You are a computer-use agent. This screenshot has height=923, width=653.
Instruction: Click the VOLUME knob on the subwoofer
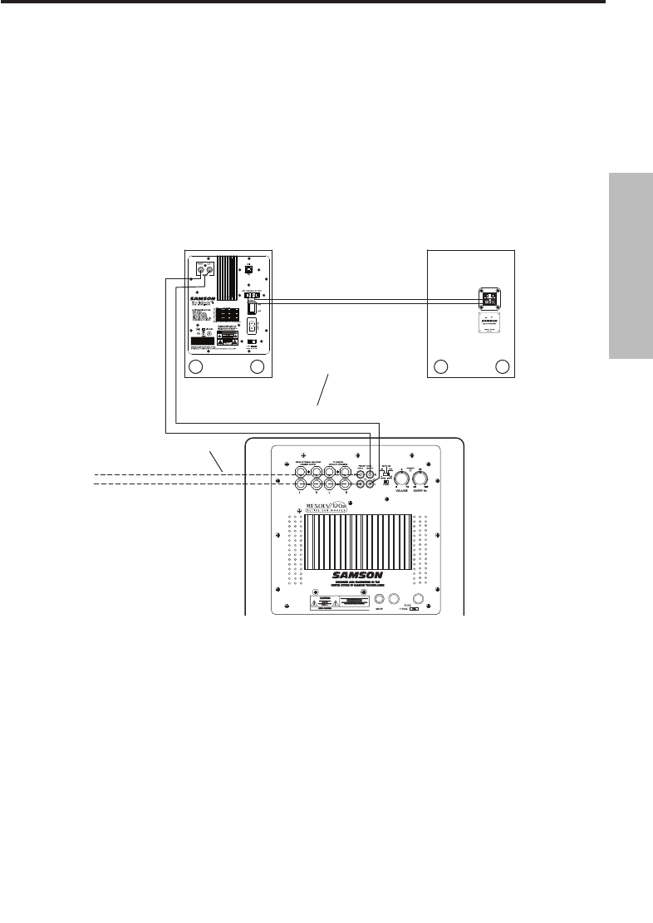pos(402,476)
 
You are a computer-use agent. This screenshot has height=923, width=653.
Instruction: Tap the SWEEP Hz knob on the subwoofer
pos(425,476)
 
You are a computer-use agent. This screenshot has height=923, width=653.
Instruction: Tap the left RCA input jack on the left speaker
pos(200,269)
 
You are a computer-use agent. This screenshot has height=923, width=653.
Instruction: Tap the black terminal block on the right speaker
pos(489,300)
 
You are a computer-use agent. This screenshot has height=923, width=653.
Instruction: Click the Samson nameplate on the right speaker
pos(489,325)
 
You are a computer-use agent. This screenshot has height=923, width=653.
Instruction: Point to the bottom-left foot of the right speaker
pos(442,366)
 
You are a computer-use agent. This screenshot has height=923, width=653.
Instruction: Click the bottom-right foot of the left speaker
pos(258,366)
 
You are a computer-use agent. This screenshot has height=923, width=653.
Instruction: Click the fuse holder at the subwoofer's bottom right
pos(419,599)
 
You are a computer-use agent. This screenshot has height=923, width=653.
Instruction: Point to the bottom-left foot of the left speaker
pos(197,366)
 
